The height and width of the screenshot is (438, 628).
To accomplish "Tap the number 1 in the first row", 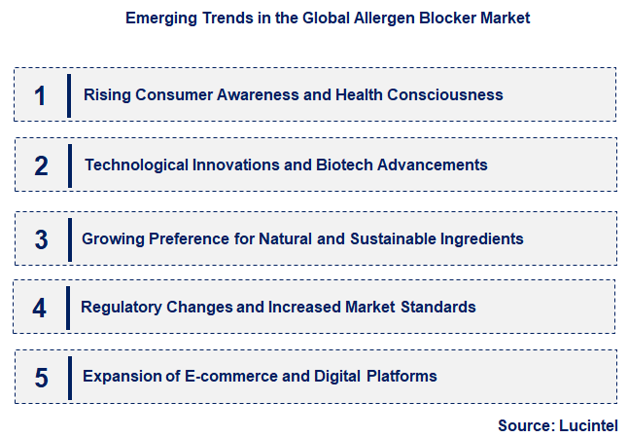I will pyautogui.click(x=40, y=95).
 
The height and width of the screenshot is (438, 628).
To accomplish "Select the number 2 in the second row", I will pyautogui.click(x=41, y=165).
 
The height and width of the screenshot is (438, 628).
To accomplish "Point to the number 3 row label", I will pyautogui.click(x=41, y=239).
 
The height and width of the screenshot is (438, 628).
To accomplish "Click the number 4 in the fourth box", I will pyautogui.click(x=40, y=309).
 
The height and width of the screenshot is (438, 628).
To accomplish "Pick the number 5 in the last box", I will pyautogui.click(x=41, y=378).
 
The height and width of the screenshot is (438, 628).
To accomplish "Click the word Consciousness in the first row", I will pyautogui.click(x=445, y=95).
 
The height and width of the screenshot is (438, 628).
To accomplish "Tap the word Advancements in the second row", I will pyautogui.click(x=431, y=165).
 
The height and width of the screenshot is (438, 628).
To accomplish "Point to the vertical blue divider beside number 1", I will pyautogui.click(x=69, y=95).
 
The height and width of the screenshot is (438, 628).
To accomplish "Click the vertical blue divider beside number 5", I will pyautogui.click(x=70, y=378).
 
